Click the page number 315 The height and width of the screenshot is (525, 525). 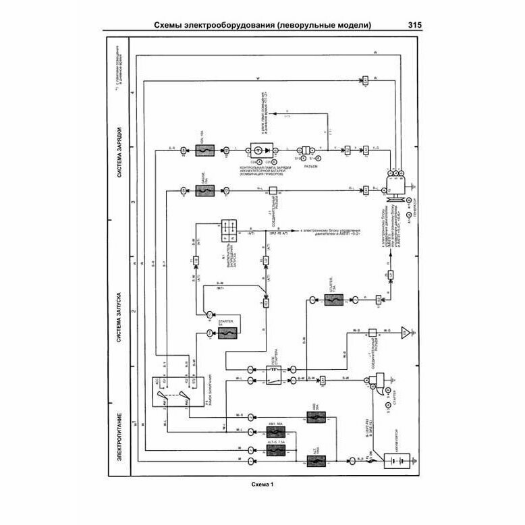[x=415, y=26]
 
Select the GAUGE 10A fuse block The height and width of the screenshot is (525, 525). [x=203, y=191]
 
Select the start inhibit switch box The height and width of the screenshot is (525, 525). [x=227, y=230]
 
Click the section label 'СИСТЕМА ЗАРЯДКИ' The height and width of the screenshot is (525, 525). [x=119, y=152]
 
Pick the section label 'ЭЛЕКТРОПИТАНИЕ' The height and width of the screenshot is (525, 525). [x=119, y=439]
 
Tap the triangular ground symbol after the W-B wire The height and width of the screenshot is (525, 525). [x=404, y=332]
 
